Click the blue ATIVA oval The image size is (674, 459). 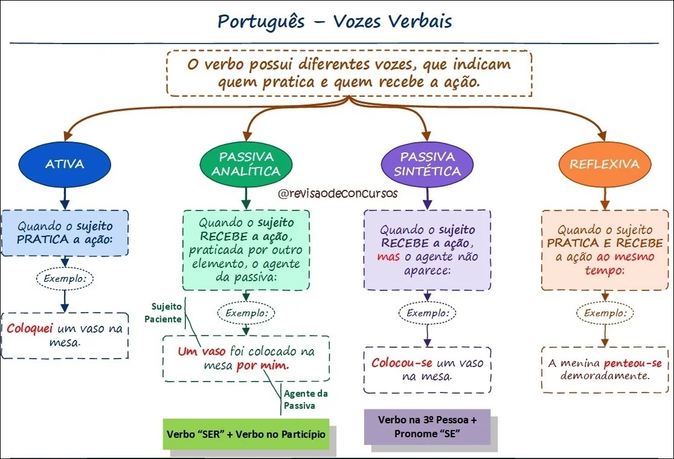[65, 164]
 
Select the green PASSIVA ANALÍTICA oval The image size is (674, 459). [246, 164]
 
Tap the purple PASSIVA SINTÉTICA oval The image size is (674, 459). [427, 164]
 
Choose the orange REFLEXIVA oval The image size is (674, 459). [604, 164]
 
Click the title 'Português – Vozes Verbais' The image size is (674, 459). [335, 22]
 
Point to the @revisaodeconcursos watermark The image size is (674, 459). [338, 194]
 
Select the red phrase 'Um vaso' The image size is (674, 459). [202, 351]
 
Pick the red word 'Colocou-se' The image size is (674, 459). [402, 363]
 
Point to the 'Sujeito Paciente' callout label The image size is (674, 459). [164, 313]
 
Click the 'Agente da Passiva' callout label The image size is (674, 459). [300, 399]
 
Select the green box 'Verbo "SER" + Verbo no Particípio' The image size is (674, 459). [246, 434]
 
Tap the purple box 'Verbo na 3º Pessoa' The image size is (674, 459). [427, 426]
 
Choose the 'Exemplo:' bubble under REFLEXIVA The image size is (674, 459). [605, 313]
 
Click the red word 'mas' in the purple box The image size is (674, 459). [388, 256]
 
